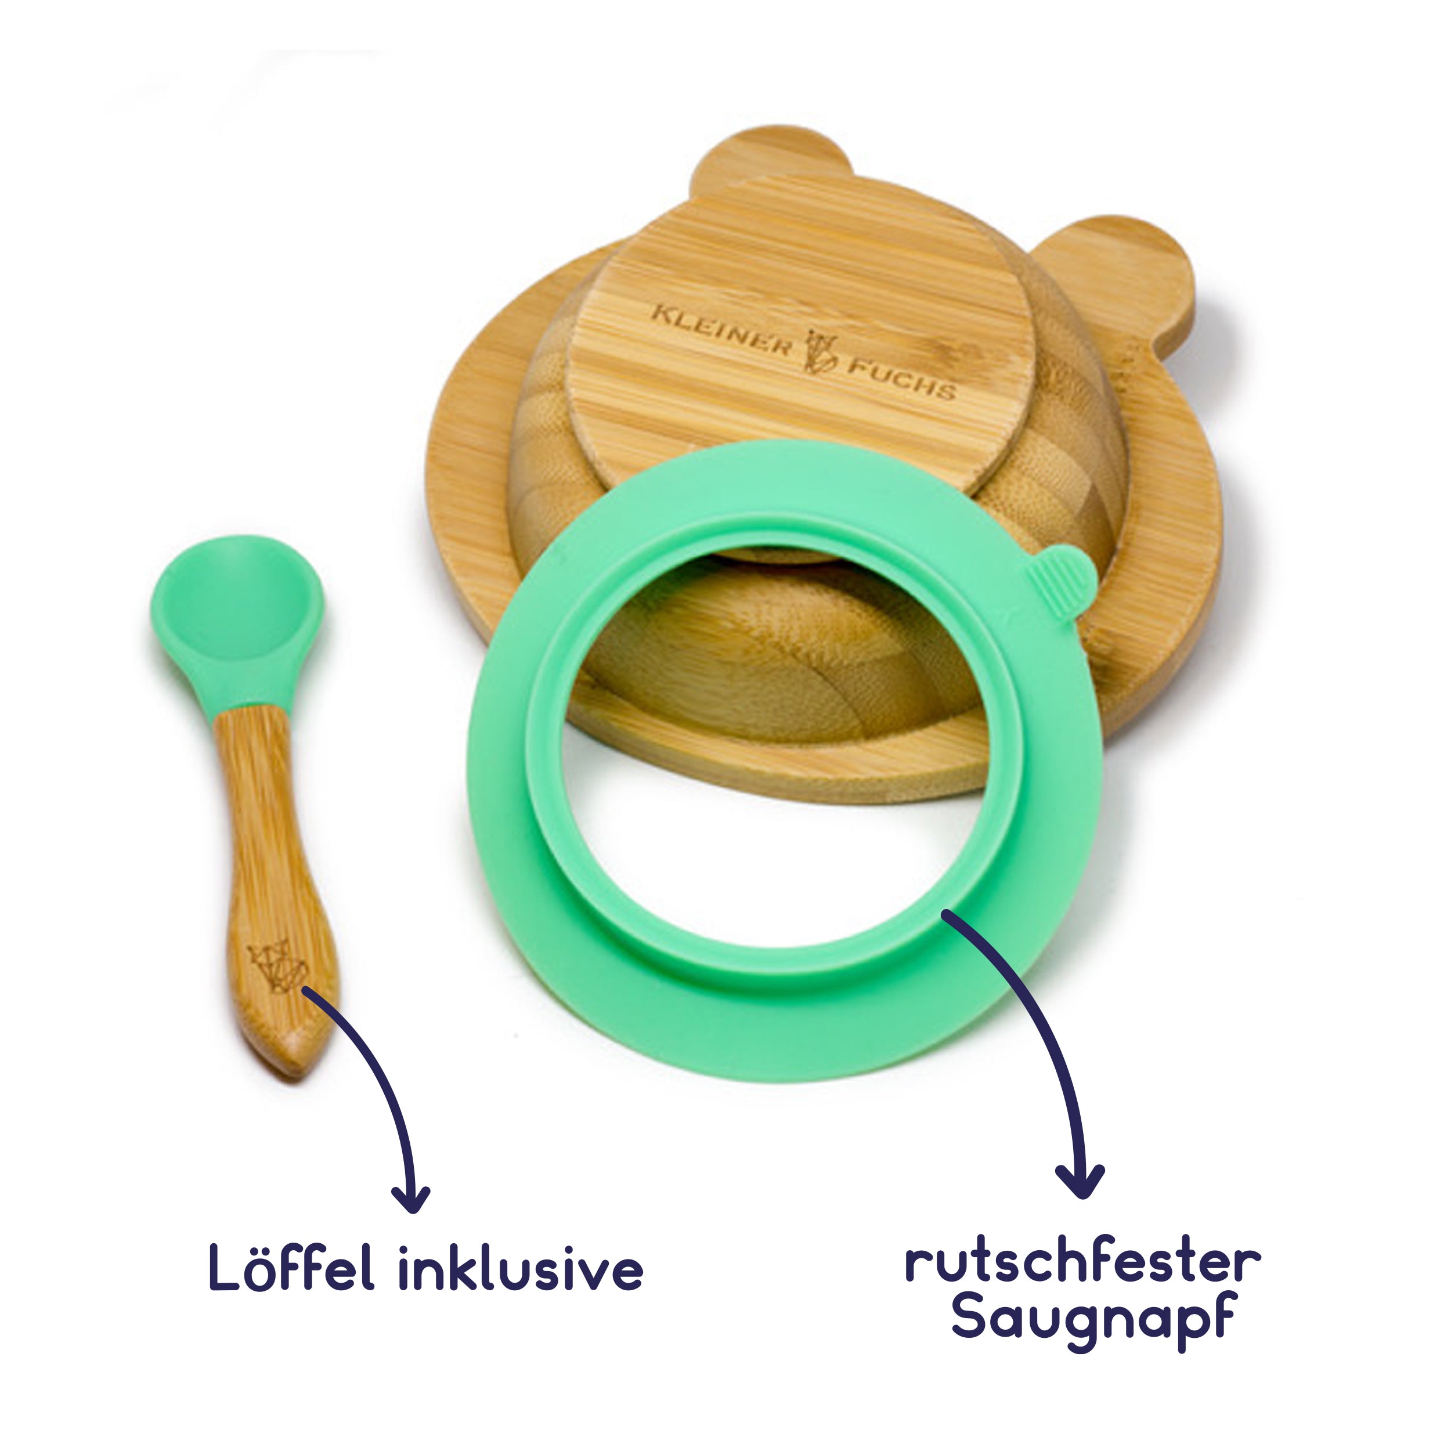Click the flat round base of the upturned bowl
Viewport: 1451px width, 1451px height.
click(x=800, y=330)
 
